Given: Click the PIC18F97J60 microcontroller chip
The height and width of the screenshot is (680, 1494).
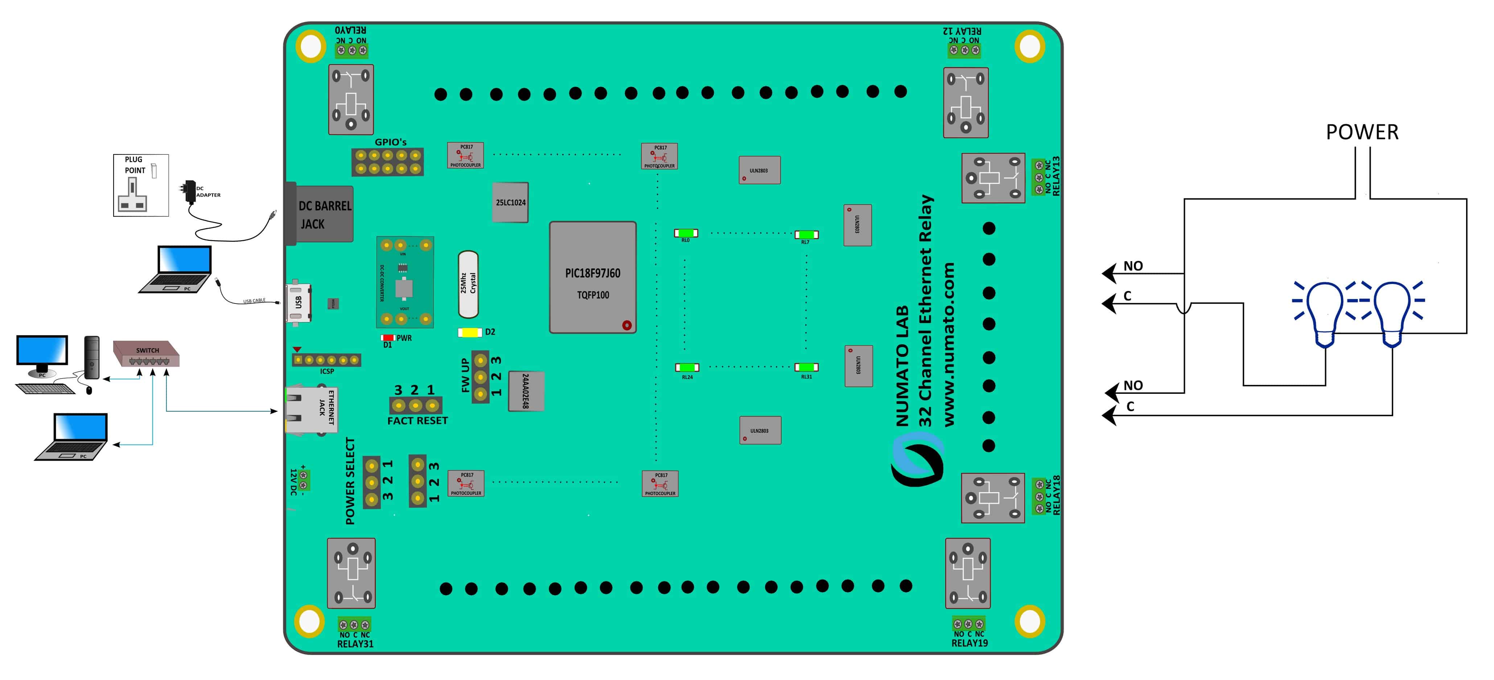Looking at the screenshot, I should [592, 277].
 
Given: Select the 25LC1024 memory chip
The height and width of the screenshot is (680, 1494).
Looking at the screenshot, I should [510, 202].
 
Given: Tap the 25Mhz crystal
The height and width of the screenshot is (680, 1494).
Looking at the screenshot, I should [468, 284].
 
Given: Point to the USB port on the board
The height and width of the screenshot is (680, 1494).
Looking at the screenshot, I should [297, 302].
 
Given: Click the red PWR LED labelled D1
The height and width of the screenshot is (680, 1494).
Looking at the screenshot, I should [387, 337].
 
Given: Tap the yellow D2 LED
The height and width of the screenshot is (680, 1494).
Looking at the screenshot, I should [470, 332].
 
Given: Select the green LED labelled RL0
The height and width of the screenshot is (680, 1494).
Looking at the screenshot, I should [686, 233].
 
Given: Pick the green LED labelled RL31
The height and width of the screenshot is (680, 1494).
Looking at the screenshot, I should [806, 367].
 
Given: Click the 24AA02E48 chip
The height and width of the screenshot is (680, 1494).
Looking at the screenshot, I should [526, 391].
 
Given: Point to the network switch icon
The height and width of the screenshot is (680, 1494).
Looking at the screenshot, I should [146, 354].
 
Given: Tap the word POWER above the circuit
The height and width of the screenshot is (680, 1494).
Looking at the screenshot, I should [1362, 132].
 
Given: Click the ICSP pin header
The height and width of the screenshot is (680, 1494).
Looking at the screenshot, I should [326, 360].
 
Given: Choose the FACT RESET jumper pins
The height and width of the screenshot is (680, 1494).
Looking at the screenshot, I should [415, 405].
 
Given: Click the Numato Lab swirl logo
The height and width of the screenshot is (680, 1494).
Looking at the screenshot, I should [918, 461].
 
